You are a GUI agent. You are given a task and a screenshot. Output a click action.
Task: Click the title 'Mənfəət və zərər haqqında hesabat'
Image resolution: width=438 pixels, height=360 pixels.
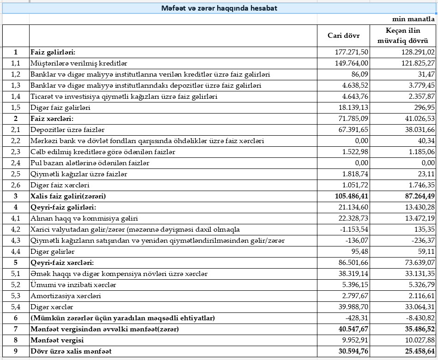point(219,8)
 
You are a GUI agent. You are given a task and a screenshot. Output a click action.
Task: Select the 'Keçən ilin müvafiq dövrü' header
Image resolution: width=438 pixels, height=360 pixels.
point(403,36)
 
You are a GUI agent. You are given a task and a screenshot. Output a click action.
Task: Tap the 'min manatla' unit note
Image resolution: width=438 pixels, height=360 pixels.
point(414,19)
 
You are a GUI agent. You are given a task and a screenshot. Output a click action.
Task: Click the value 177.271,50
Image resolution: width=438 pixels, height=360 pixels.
point(352,52)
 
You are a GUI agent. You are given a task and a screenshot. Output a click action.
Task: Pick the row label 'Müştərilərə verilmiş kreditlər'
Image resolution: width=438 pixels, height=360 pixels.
point(79,63)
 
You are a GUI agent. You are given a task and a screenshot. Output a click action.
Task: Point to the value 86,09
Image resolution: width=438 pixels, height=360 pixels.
point(359,74)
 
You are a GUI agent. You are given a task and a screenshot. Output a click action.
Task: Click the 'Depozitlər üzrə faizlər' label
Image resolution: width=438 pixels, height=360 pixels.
point(67,130)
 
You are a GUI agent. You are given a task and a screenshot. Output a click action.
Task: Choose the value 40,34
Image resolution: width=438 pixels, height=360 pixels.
point(425,141)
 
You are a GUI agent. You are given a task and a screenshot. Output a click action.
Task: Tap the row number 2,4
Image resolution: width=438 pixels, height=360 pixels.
point(16,163)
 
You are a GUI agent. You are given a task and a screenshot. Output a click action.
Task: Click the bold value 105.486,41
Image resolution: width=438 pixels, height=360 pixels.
point(351,196)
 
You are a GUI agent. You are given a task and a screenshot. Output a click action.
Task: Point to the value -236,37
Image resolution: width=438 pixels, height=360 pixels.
point(422,240)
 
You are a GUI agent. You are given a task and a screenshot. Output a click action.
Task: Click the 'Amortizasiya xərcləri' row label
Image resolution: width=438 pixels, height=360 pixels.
point(66,296)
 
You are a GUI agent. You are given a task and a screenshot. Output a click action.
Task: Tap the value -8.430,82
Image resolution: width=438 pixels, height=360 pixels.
point(420,318)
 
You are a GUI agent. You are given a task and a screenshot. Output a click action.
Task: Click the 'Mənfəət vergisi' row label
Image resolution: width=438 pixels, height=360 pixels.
point(57,340)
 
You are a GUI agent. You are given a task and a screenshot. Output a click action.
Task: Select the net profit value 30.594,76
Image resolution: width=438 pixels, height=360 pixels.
point(353,351)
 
